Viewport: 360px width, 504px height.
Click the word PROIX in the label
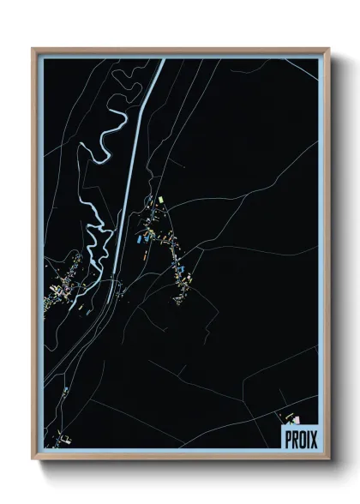tap(298, 438)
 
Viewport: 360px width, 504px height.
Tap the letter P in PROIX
tap(286, 438)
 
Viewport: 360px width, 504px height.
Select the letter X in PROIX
tap(311, 438)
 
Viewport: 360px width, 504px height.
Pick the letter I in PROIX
tap(305, 438)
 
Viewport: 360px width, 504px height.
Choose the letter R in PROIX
tap(292, 438)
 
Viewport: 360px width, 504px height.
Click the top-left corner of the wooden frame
tap(33, 49)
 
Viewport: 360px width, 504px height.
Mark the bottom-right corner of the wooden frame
tap(328, 459)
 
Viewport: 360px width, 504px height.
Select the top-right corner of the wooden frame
tap(328, 49)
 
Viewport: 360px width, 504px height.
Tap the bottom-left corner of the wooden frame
tap(33, 459)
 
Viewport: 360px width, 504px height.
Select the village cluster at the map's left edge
tap(64, 287)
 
